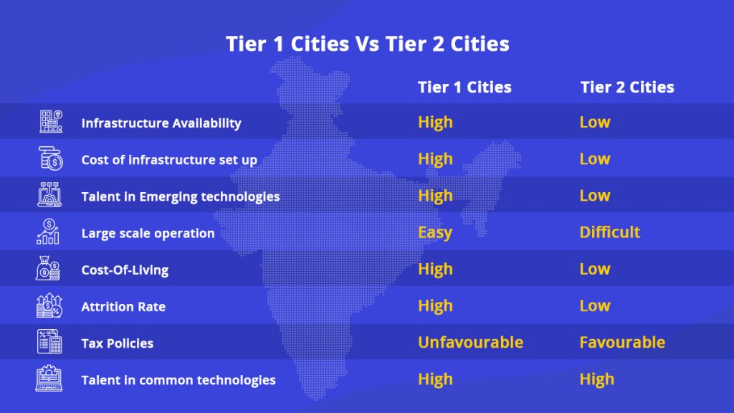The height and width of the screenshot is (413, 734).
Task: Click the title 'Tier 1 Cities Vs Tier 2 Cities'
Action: tap(367, 44)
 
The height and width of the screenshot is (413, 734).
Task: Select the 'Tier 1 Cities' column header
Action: tap(464, 87)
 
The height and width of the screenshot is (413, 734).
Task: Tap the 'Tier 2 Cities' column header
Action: tap(627, 87)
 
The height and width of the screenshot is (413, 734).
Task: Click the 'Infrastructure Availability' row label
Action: tap(161, 123)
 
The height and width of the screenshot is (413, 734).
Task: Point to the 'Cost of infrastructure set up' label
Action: tap(169, 160)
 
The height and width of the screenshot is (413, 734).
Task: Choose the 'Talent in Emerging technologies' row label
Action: tap(181, 196)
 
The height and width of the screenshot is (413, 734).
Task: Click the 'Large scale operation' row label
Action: tap(148, 233)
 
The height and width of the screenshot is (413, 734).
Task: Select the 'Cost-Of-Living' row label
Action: tap(125, 270)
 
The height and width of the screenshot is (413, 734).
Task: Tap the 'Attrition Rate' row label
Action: tap(123, 307)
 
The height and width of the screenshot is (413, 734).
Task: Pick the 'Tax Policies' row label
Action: tap(118, 343)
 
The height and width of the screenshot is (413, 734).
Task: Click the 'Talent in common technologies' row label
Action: tap(178, 380)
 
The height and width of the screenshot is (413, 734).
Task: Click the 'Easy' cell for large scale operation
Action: tap(435, 233)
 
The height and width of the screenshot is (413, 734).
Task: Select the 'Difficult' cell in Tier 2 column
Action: tap(610, 233)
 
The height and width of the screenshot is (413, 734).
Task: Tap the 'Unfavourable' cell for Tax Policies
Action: tap(470, 343)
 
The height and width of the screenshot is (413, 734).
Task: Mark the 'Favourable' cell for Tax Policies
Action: tap(622, 343)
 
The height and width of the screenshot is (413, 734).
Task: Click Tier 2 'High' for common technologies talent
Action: tap(597, 379)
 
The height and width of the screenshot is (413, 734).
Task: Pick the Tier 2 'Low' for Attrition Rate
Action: tap(595, 306)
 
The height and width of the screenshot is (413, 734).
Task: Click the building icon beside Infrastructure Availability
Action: tap(50, 122)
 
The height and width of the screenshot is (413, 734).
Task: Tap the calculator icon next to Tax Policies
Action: tap(50, 342)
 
